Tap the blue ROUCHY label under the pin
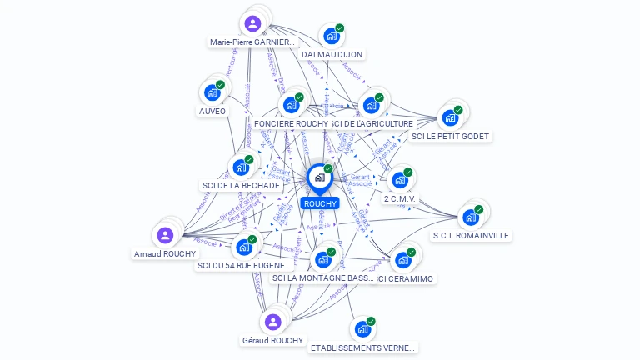[x=320, y=203]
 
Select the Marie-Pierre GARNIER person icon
[x=253, y=22]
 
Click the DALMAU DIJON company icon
[x=331, y=36]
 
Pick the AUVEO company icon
[x=212, y=92]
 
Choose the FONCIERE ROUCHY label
[x=291, y=124]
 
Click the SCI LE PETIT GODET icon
[x=451, y=117]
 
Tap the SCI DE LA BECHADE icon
[x=241, y=167]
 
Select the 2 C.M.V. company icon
[x=400, y=180]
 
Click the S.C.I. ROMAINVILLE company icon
[x=471, y=217]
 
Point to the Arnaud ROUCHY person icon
[x=165, y=235]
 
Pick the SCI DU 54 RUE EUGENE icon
[x=244, y=247]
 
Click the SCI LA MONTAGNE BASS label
[x=324, y=278]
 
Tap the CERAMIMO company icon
[x=402, y=259]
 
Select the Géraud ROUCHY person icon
[x=272, y=322]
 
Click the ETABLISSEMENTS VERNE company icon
[x=362, y=329]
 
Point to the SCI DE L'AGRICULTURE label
[x=372, y=124]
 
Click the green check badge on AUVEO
[x=221, y=84]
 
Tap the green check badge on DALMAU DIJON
[x=340, y=28]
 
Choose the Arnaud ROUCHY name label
[x=165, y=254]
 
